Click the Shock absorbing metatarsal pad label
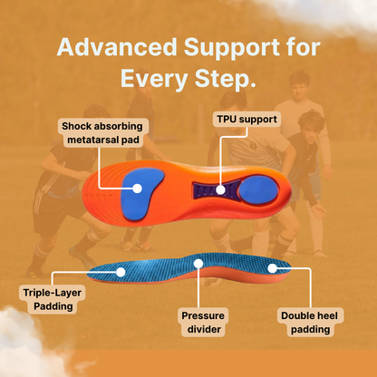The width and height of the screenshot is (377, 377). [102, 132]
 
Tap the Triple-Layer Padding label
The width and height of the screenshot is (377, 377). [48, 299]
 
